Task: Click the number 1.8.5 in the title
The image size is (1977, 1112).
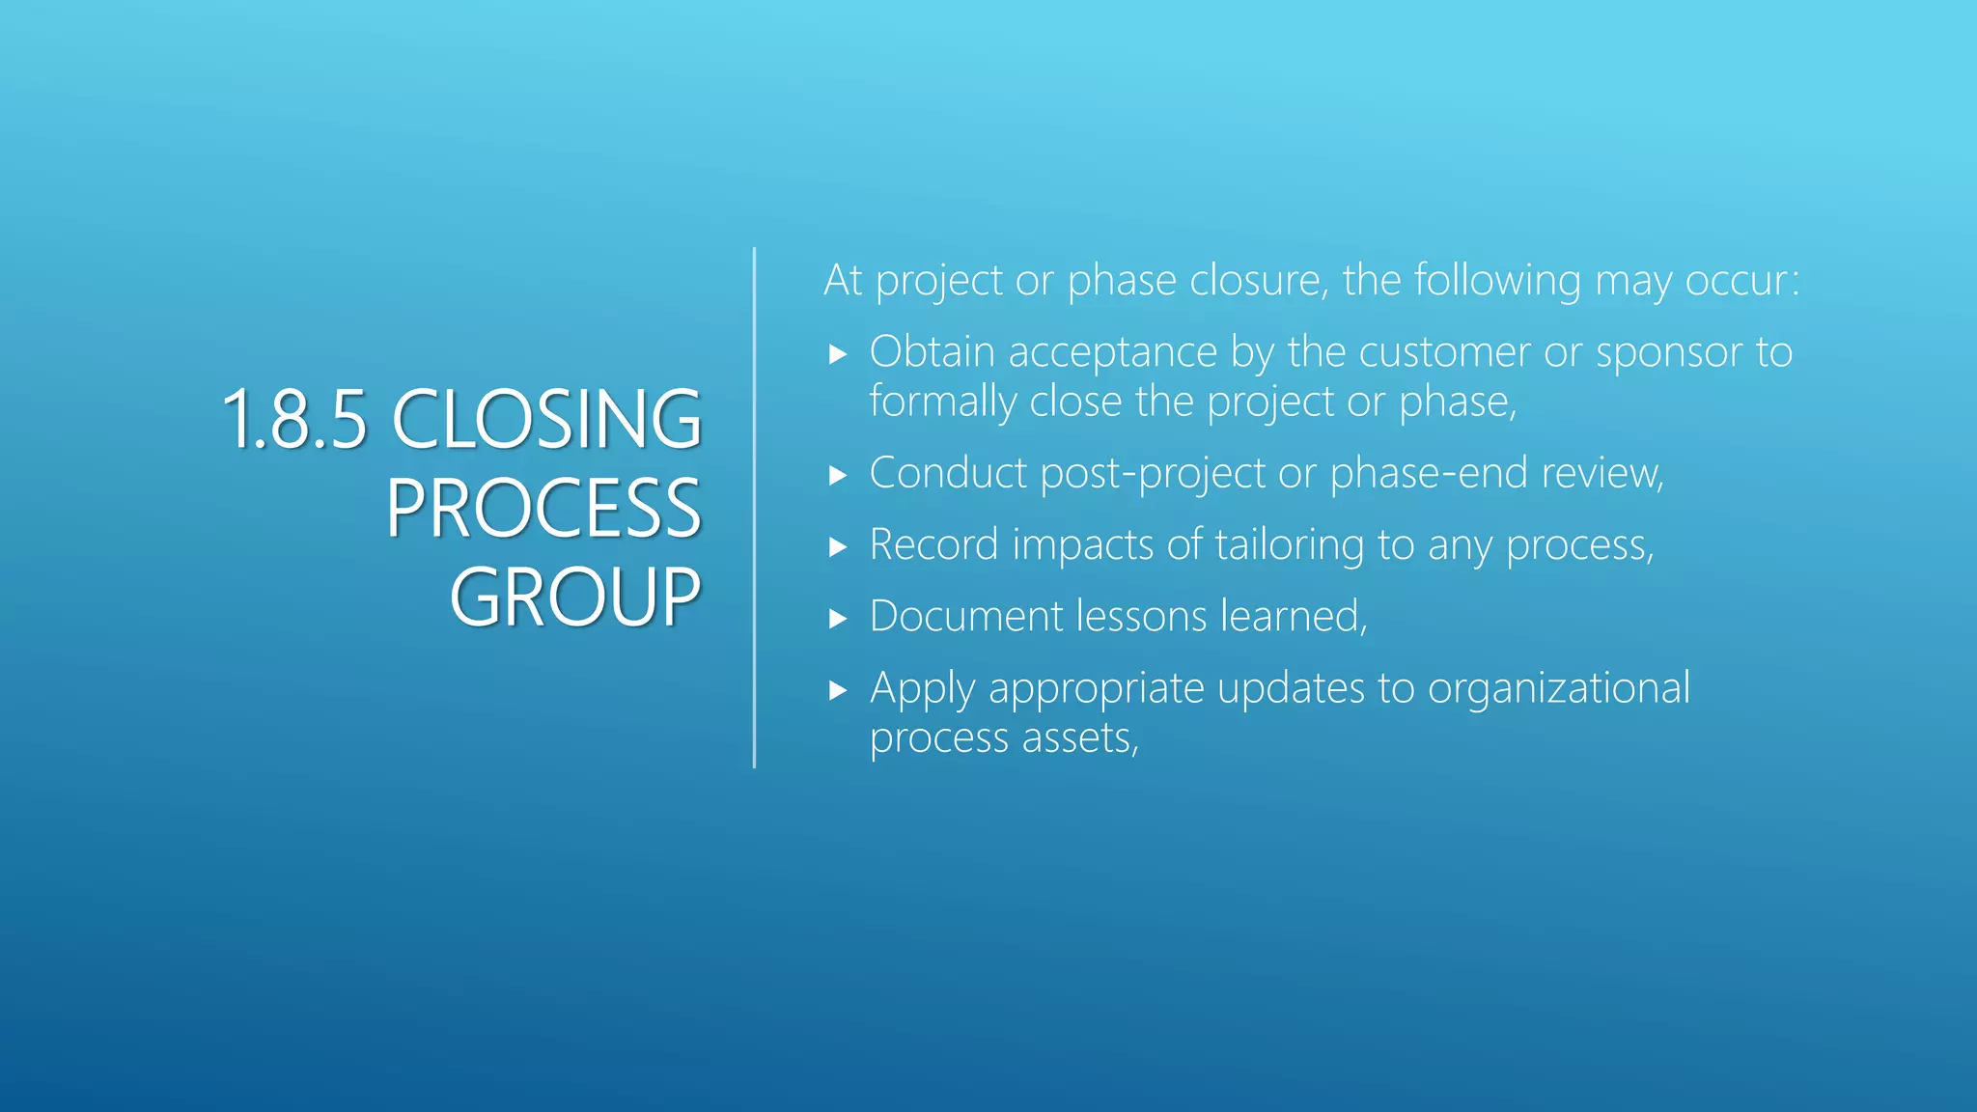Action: click(x=294, y=421)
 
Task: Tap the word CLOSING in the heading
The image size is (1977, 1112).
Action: click(x=546, y=421)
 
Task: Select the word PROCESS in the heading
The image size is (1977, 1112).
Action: click(x=543, y=510)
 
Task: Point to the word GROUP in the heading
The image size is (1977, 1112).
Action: click(x=575, y=598)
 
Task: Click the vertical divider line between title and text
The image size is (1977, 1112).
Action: click(x=754, y=508)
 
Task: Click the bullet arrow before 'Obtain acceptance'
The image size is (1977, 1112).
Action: click(x=838, y=354)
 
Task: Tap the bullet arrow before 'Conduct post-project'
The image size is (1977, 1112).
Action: click(x=838, y=475)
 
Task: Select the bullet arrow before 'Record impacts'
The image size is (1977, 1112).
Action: click(x=838, y=547)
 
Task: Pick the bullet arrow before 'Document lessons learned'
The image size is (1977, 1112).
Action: click(x=838, y=619)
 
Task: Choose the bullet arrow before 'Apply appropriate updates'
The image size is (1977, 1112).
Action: click(x=838, y=691)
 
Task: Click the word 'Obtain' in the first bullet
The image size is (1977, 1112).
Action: click(x=932, y=352)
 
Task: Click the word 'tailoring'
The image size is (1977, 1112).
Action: click(x=1289, y=546)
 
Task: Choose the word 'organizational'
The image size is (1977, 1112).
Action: click(x=1558, y=689)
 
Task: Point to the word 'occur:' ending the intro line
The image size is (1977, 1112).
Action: click(x=1742, y=281)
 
